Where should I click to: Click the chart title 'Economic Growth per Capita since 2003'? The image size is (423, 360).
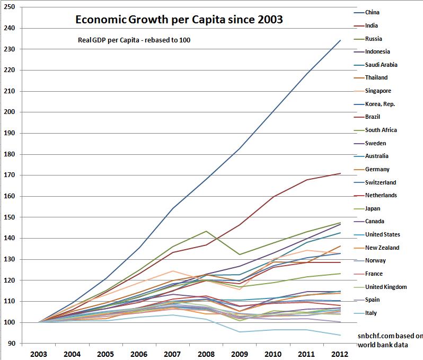(179, 20)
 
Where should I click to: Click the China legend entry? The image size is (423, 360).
(372, 12)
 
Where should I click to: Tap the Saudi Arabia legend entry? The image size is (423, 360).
(381, 65)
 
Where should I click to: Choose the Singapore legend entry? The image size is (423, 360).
(378, 91)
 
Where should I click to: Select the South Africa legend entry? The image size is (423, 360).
(381, 130)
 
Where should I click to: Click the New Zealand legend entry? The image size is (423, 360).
(382, 248)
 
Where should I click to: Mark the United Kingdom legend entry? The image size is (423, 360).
(385, 287)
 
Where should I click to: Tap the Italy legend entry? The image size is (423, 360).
(371, 313)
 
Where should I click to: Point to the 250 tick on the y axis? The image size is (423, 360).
(10, 7)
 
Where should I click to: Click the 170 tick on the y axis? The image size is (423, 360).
(10, 175)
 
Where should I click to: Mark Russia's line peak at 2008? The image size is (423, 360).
(206, 231)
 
